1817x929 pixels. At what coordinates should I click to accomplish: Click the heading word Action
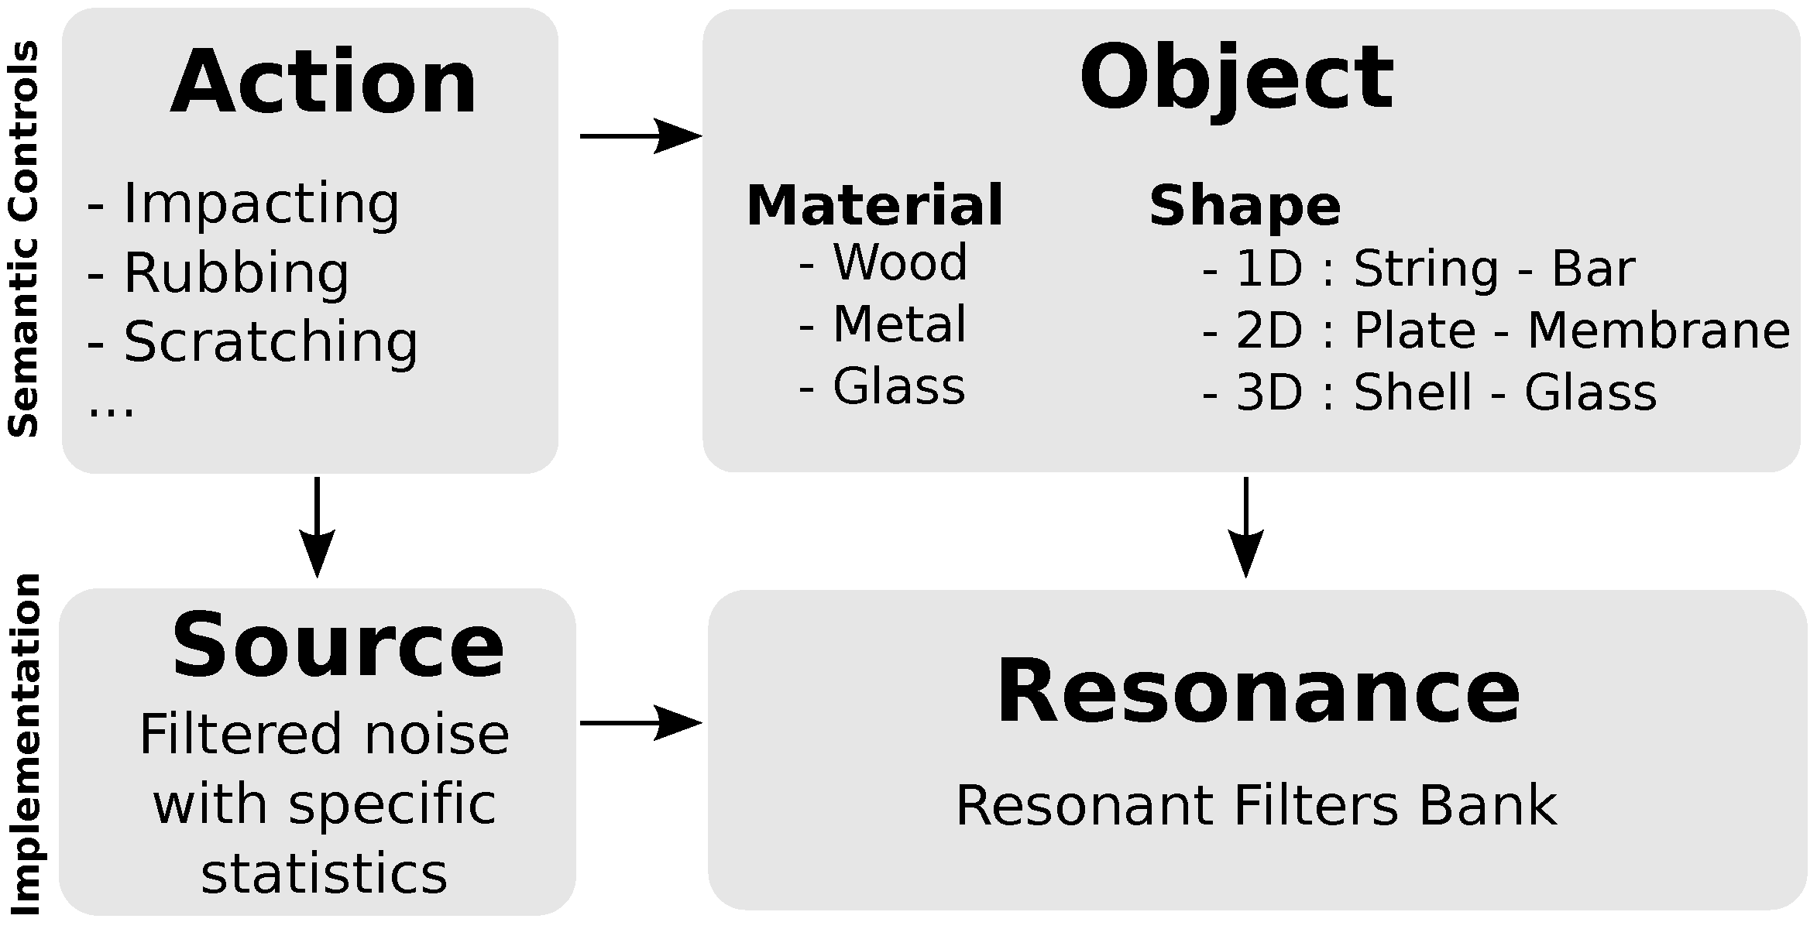pos(324,82)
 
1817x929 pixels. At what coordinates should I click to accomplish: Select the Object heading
pos(1236,78)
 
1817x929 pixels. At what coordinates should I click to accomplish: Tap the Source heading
pos(338,645)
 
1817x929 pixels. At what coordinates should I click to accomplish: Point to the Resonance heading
pos(1258,691)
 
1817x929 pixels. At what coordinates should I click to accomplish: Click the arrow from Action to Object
pos(640,136)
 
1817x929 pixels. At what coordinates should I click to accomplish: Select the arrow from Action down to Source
pos(317,526)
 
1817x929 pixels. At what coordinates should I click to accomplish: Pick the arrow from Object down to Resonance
pos(1245,526)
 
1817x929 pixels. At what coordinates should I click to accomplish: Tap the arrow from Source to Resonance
pos(640,723)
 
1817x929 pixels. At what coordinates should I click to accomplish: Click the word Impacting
pos(261,204)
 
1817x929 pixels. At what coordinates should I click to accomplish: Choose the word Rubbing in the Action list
pos(236,273)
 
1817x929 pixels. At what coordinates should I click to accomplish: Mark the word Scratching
pos(270,342)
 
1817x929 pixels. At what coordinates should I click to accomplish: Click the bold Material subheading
pos(874,206)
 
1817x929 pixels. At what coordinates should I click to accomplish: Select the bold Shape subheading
pos(1245,206)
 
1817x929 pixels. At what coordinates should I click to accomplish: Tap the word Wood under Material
pos(900,262)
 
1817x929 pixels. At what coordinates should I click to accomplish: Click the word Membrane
pos(1658,331)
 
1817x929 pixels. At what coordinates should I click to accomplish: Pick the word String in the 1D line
pos(1426,269)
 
